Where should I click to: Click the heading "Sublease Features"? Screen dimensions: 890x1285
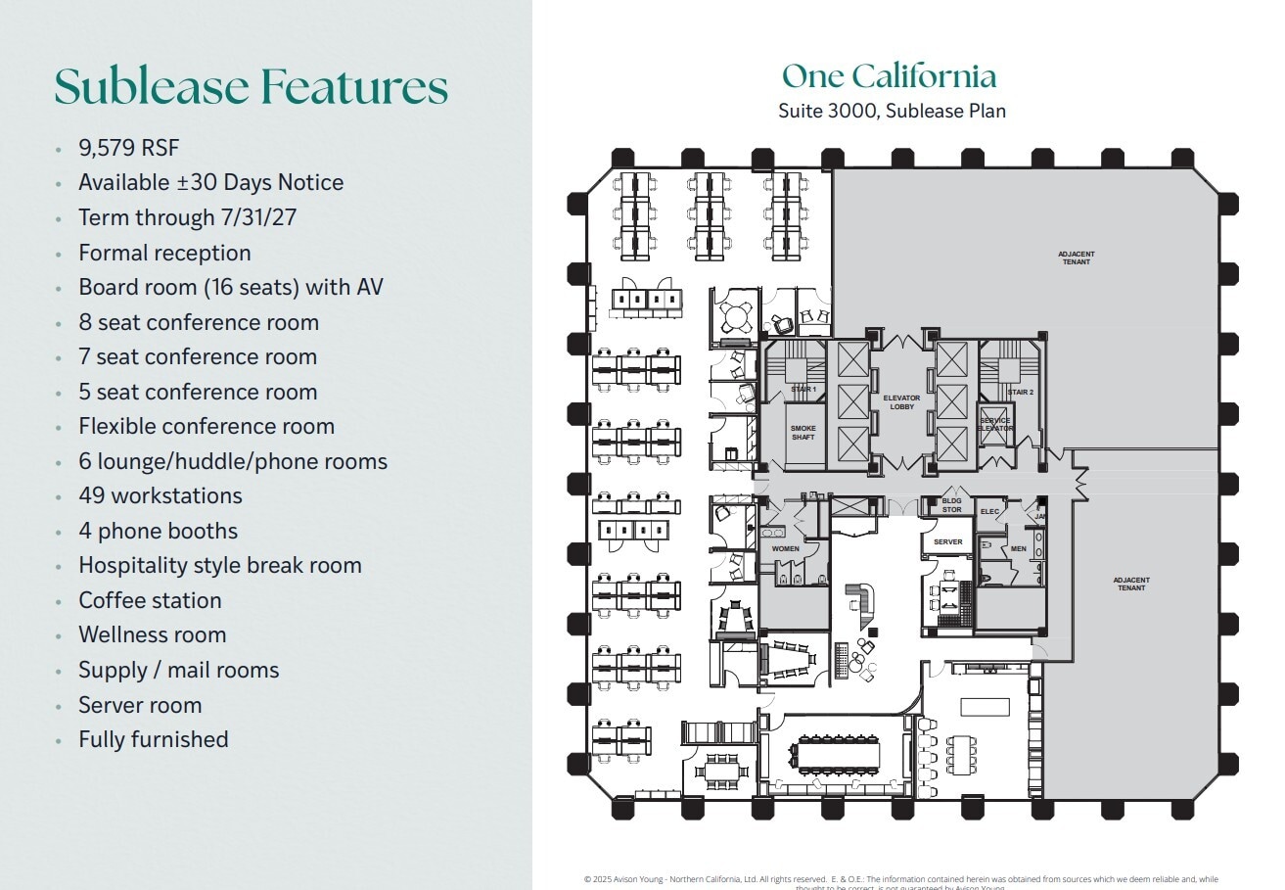pyautogui.click(x=251, y=86)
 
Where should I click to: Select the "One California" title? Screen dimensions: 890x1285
pyautogui.click(x=889, y=76)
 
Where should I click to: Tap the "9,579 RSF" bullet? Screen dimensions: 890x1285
pyautogui.click(x=129, y=148)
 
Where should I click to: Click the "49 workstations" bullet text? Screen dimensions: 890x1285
pyautogui.click(x=161, y=495)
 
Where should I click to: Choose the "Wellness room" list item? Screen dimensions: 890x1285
pyautogui.click(x=153, y=634)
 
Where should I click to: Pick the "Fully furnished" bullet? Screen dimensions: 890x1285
pyautogui.click(x=154, y=739)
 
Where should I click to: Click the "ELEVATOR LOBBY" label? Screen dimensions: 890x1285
pyautogui.click(x=901, y=402)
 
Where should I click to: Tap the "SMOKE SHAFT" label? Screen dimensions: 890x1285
pyautogui.click(x=803, y=433)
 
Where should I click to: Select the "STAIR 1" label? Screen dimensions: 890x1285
pyautogui.click(x=803, y=390)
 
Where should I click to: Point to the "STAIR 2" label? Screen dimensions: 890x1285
pyautogui.click(x=1021, y=392)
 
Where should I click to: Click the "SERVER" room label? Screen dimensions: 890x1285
pyautogui.click(x=947, y=541)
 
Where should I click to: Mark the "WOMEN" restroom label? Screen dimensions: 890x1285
pyautogui.click(x=785, y=549)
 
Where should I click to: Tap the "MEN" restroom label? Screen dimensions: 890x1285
pyautogui.click(x=1019, y=549)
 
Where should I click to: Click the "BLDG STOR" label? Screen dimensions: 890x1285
pyautogui.click(x=951, y=505)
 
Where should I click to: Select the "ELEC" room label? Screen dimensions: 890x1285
pyautogui.click(x=989, y=511)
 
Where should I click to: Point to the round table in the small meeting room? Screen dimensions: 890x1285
pyautogui.click(x=735, y=315)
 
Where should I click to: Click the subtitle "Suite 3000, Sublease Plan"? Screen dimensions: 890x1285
pyautogui.click(x=892, y=111)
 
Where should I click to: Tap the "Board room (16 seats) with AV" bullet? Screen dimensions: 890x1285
pyautogui.click(x=231, y=287)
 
